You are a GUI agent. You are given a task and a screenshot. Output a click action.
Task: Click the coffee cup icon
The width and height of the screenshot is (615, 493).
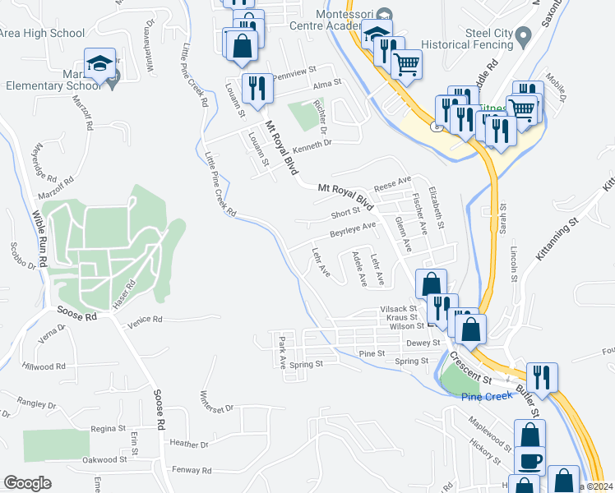[x=531, y=461]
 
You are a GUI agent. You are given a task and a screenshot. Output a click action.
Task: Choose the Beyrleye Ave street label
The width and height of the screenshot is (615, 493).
[x=353, y=230]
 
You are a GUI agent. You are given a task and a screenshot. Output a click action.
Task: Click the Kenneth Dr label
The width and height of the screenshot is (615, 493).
[x=312, y=143]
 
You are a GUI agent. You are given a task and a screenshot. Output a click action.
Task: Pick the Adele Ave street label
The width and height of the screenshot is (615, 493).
[x=358, y=270]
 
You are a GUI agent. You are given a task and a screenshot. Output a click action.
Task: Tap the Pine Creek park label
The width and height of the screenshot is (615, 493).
[x=482, y=397]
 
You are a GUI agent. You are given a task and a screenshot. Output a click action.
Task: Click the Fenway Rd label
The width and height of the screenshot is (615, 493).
[x=192, y=470]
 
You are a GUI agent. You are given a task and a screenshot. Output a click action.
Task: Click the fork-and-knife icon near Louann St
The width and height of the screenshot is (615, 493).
[x=257, y=87]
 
